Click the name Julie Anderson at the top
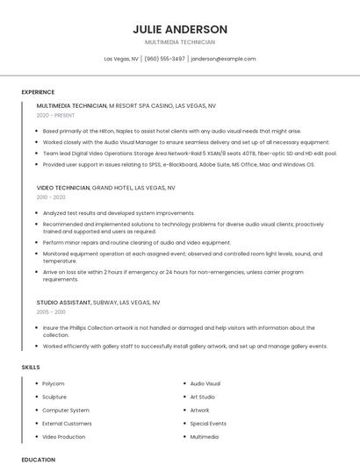point(180,29)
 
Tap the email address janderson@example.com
point(223,59)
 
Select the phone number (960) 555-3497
point(164,59)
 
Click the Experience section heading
point(38,92)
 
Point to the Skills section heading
point(31,367)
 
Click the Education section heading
point(38,459)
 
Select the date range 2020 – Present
point(55,115)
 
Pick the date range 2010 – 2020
point(51,197)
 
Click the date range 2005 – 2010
point(51,311)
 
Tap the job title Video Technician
point(63,188)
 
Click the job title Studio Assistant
point(63,302)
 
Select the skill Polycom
point(54,383)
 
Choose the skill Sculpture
point(54,397)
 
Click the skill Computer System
point(66,410)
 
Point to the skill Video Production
point(64,436)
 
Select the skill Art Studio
point(202,397)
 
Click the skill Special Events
point(208,423)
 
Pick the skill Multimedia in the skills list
point(205,436)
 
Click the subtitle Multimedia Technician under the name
point(180,42)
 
